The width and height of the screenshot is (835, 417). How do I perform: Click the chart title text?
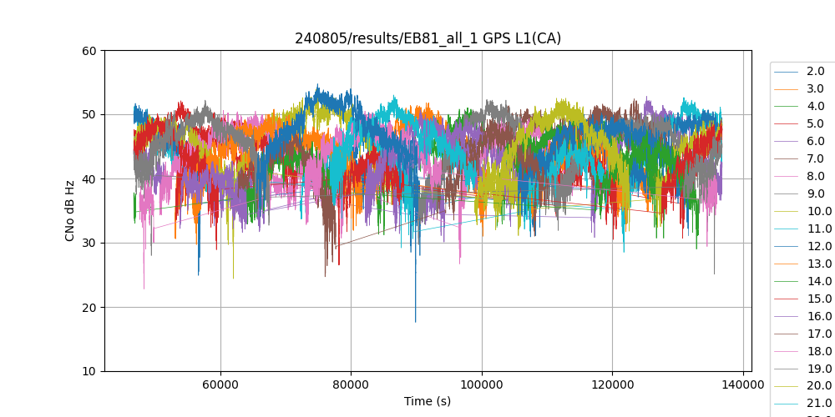[428, 38]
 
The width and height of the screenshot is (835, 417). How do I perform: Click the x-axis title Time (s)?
[428, 401]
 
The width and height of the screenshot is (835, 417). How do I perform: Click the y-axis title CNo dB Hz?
[71, 211]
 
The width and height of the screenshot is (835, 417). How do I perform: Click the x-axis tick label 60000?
[220, 384]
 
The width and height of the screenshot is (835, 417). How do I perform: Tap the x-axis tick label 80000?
[351, 384]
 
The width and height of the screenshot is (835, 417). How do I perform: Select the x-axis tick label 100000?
[482, 384]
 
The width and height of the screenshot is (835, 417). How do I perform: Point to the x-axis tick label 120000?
[612, 384]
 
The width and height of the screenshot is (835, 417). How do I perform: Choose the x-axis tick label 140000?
[743, 384]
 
